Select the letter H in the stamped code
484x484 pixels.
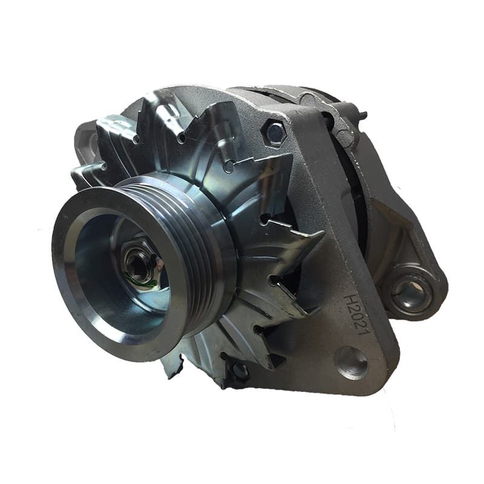point(352,299)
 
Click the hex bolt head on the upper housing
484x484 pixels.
point(275,132)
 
